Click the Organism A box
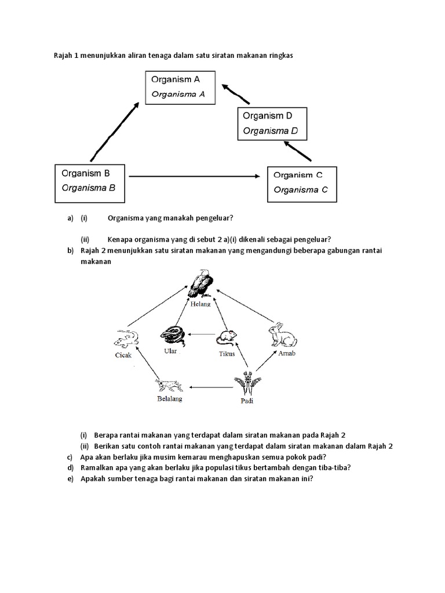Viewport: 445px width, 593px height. coord(180,87)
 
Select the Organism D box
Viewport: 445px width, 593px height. coord(272,123)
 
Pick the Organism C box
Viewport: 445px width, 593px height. coord(301,184)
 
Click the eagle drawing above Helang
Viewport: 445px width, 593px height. coord(200,284)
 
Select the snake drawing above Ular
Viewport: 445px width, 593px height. coord(173,335)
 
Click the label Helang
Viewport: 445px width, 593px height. coord(200,303)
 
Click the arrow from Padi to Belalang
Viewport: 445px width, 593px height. coord(211,386)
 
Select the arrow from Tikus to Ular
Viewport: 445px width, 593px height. coord(200,334)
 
